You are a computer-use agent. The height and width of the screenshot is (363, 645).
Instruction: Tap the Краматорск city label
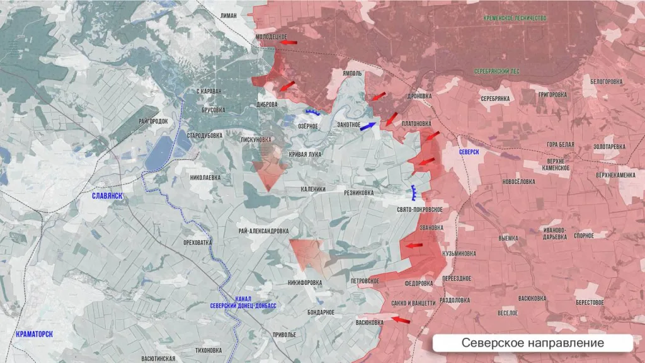click(43, 333)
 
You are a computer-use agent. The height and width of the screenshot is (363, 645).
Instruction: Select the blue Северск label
click(469, 152)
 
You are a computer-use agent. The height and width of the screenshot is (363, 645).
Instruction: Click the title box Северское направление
click(532, 343)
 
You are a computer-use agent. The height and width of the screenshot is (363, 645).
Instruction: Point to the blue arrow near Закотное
click(368, 125)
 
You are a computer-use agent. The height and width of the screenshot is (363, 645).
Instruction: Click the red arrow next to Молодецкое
click(288, 42)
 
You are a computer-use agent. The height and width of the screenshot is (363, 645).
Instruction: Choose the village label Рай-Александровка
click(263, 231)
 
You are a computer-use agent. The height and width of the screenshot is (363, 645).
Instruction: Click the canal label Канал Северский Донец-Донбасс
click(247, 302)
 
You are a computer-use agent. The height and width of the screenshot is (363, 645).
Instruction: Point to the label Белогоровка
click(606, 81)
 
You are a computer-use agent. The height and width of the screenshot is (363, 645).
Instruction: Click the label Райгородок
click(151, 120)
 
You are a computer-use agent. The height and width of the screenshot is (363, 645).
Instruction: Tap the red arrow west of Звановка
click(413, 245)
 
